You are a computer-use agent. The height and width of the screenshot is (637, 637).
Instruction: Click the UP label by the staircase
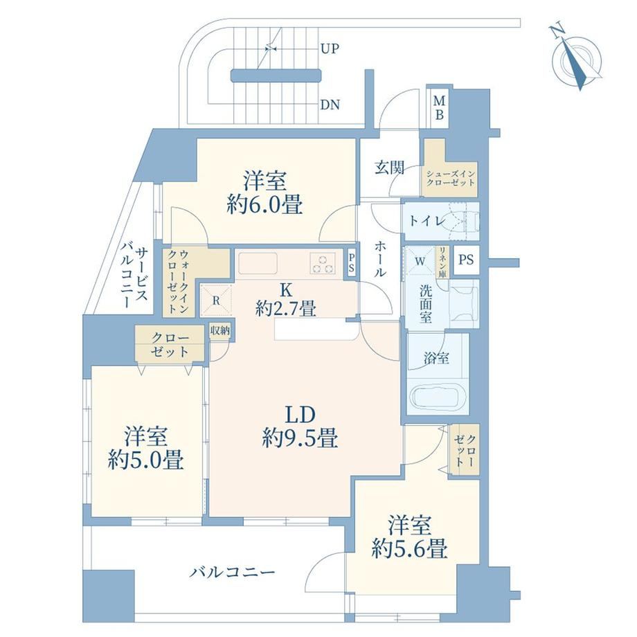pyautogui.click(x=330, y=48)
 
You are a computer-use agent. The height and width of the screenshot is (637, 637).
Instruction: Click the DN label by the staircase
pyautogui.click(x=330, y=105)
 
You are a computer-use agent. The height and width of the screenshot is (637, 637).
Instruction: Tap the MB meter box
pyautogui.click(x=439, y=107)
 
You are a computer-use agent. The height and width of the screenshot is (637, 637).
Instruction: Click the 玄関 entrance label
pyautogui.click(x=389, y=168)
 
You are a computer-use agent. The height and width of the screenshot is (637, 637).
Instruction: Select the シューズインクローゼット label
pyautogui.click(x=450, y=178)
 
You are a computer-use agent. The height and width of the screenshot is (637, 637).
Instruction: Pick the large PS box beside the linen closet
pyautogui.click(x=466, y=260)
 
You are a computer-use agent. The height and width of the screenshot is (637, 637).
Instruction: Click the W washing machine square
pyautogui.click(x=420, y=261)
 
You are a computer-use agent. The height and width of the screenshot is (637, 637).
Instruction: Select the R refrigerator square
pyautogui.click(x=216, y=300)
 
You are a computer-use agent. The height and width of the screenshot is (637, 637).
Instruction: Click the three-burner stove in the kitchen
pyautogui.click(x=323, y=262)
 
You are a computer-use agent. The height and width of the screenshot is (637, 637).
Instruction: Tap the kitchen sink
pyautogui.click(x=258, y=263)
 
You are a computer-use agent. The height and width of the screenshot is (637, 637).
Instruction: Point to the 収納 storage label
pyautogui.click(x=219, y=330)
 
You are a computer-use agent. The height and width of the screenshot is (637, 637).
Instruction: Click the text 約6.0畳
pyautogui.click(x=264, y=204)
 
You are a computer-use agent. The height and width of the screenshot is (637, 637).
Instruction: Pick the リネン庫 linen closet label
pyautogui.click(x=442, y=263)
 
